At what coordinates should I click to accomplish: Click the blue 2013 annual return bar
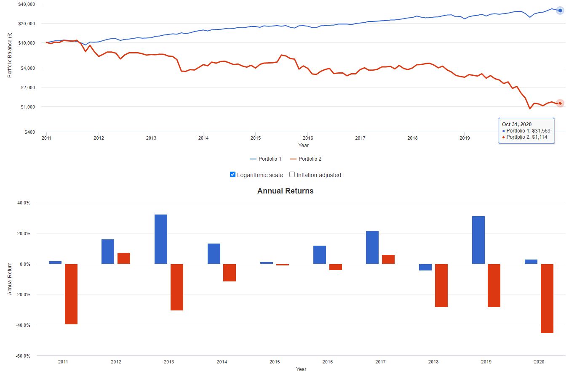click(160, 239)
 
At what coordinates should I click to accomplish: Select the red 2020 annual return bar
click(547, 298)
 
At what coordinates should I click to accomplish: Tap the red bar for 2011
click(71, 294)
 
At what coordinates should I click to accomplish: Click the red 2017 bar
click(388, 259)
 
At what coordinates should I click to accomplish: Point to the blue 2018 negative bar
click(425, 267)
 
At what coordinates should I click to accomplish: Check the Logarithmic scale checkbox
click(232, 175)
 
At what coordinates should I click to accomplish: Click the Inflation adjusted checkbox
click(292, 175)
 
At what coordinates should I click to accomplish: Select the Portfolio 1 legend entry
click(265, 159)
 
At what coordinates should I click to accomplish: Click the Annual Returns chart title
click(285, 191)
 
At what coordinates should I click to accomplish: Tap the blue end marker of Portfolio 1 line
click(560, 11)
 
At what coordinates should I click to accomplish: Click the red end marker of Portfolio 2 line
click(560, 103)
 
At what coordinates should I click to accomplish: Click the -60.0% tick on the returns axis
click(23, 356)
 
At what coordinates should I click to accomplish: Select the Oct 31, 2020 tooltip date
click(516, 125)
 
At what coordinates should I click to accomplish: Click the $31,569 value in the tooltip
click(541, 131)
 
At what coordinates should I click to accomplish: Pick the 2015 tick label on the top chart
click(255, 138)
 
